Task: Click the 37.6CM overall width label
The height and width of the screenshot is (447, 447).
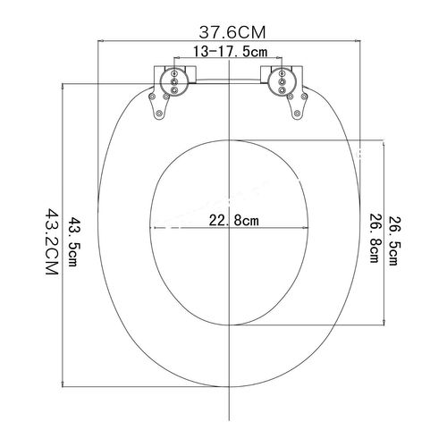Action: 232,32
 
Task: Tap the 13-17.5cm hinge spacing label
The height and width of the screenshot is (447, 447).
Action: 230,52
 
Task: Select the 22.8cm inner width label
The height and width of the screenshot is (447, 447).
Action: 234,221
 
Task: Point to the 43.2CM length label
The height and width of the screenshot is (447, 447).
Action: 51,241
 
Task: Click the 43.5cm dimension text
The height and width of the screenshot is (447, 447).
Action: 73,241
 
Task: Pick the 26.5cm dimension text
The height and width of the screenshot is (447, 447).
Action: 392,241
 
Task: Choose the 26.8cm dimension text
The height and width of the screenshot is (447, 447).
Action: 374,238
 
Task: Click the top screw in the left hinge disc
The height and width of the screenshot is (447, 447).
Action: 174,73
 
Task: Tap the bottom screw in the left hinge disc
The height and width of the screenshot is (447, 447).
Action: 174,89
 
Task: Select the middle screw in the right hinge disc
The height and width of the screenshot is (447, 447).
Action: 282,81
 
